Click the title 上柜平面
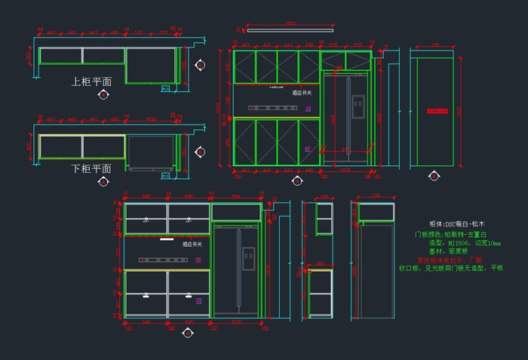(x=92, y=82)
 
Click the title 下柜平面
(x=92, y=168)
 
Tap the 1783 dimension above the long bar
(x=290, y=25)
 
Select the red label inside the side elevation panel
(x=437, y=111)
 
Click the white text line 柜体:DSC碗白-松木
(x=458, y=224)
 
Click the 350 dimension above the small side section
(x=324, y=198)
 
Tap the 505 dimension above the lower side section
(x=320, y=264)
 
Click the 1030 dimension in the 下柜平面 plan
(x=151, y=119)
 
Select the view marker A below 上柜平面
(x=103, y=94)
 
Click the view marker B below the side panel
(x=434, y=177)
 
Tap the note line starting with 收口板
(x=450, y=268)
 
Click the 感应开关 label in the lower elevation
(x=192, y=245)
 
